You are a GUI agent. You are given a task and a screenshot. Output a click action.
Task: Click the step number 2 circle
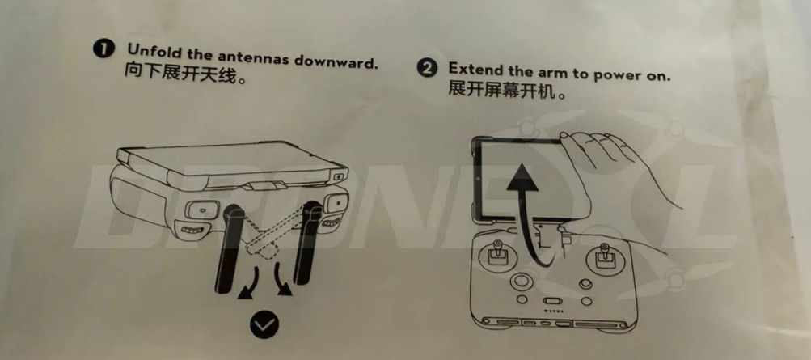pyautogui.click(x=427, y=68)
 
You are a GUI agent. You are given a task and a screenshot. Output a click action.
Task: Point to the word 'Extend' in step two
pyautogui.click(x=475, y=70)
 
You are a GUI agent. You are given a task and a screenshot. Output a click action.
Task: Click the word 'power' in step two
pyautogui.click(x=618, y=76)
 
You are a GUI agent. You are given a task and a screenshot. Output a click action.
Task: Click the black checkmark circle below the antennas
pyautogui.click(x=264, y=325)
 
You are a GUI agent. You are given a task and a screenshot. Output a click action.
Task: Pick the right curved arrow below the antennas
pyautogui.click(x=283, y=279)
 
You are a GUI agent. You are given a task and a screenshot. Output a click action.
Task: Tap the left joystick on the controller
pyautogui.click(x=498, y=256)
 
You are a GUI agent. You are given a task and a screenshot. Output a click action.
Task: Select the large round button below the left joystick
pyautogui.click(x=522, y=282)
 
